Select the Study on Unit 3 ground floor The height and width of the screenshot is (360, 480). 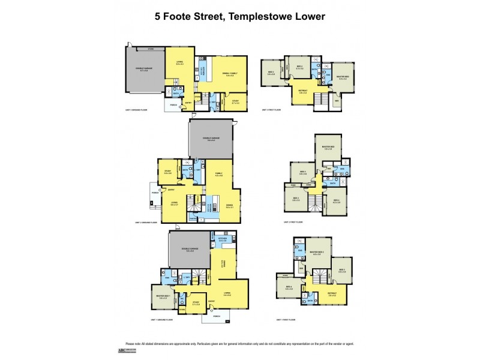(235, 101)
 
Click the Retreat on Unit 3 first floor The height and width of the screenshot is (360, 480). (303, 92)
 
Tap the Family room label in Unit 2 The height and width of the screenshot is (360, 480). (220, 174)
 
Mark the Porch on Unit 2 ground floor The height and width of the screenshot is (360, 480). (156, 193)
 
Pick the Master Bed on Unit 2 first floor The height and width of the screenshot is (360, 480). (328, 148)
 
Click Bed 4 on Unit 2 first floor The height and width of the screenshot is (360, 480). (336, 201)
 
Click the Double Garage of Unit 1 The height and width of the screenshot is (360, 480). (190, 250)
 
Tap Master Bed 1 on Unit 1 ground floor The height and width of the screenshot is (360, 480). (161, 296)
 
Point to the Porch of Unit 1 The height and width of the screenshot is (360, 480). (216, 316)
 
